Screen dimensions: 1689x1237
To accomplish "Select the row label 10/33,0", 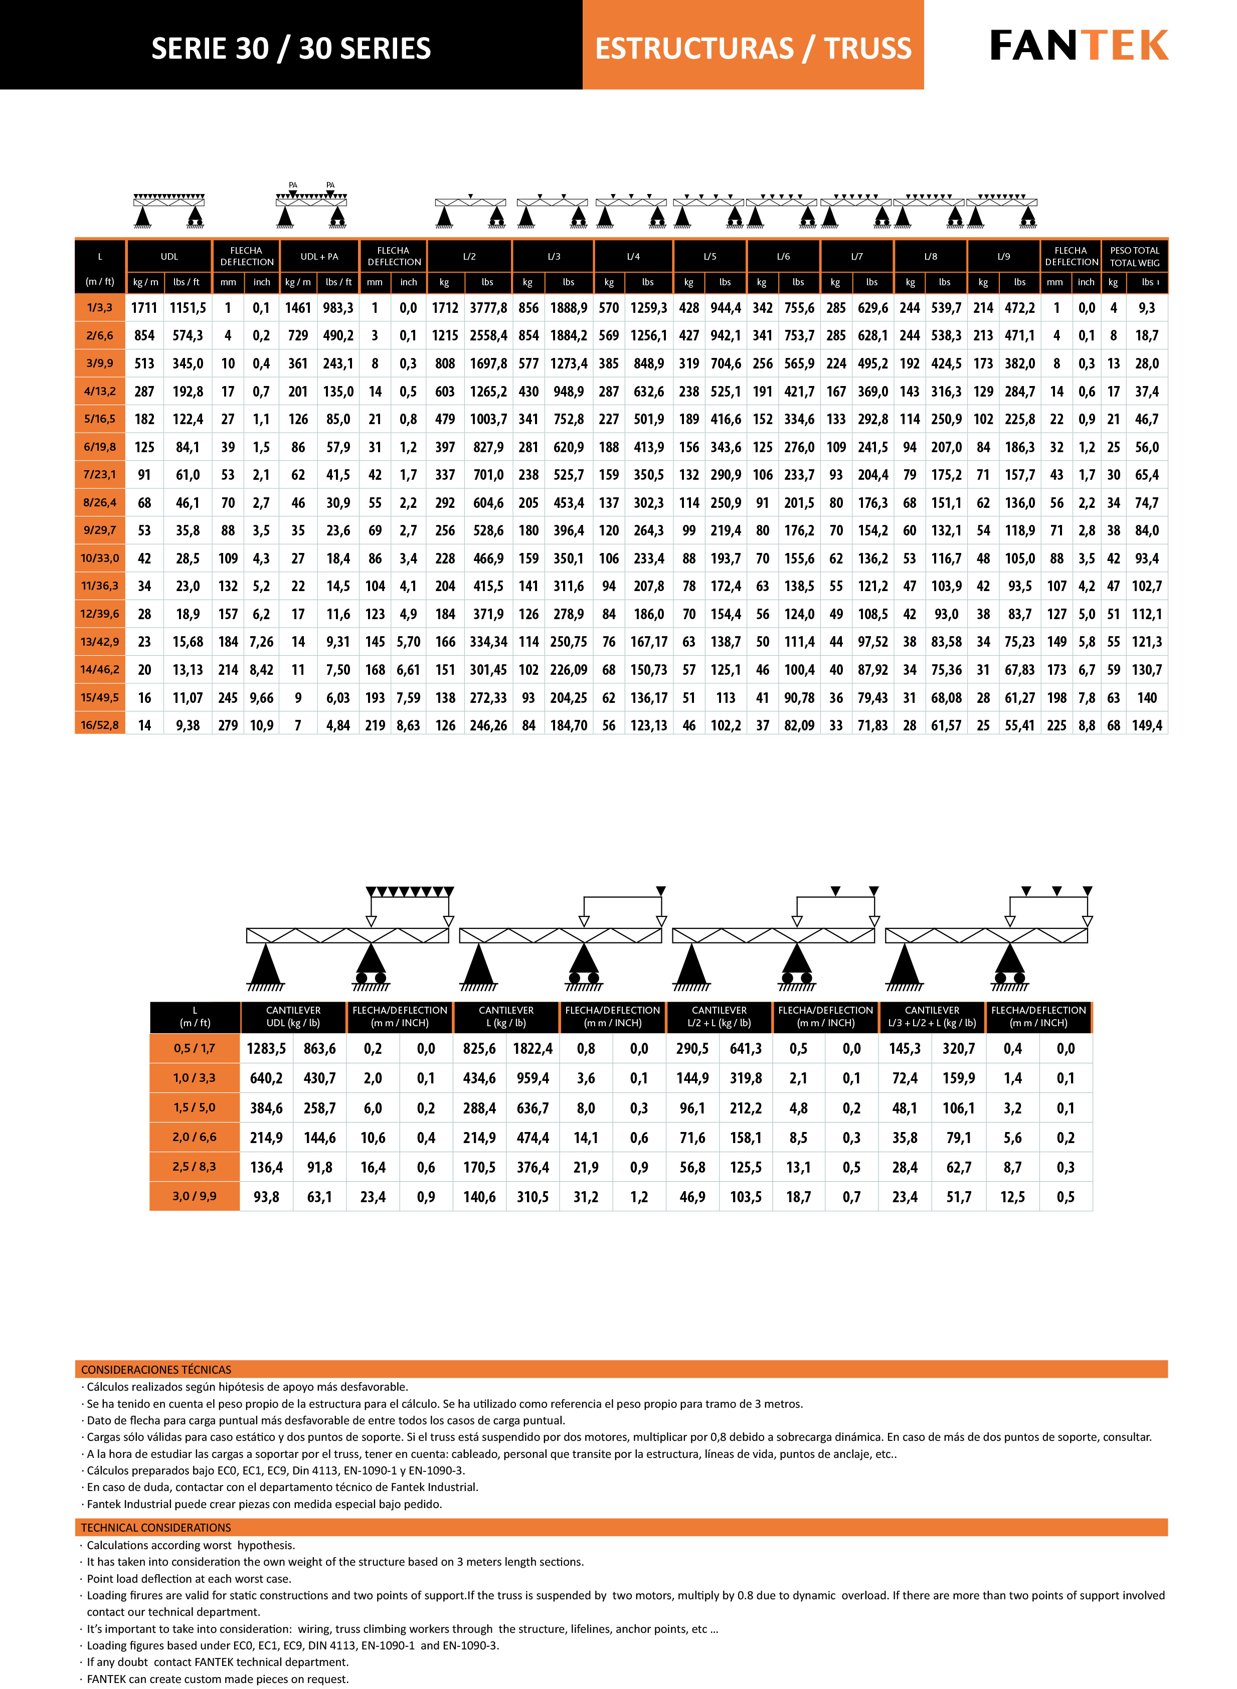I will point(100,558).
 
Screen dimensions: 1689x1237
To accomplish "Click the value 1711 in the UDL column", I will point(144,308).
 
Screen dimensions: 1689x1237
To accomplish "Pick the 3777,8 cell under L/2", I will point(488,308).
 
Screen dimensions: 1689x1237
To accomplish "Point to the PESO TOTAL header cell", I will point(1134,257).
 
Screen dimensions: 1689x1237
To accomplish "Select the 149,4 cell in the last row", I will point(1147,725).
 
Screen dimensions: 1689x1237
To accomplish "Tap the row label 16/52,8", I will point(100,725).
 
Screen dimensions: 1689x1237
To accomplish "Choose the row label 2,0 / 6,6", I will point(195,1137).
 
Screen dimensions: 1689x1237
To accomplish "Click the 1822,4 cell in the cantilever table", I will point(533,1049).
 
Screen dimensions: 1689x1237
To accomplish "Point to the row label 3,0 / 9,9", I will point(195,1196).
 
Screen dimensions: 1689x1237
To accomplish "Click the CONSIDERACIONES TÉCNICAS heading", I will point(156,1369).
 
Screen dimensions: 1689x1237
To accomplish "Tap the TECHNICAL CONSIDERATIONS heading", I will point(156,1527).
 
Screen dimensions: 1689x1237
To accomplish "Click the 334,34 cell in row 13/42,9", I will point(488,642).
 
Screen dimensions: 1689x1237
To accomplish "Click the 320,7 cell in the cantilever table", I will point(958,1049).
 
